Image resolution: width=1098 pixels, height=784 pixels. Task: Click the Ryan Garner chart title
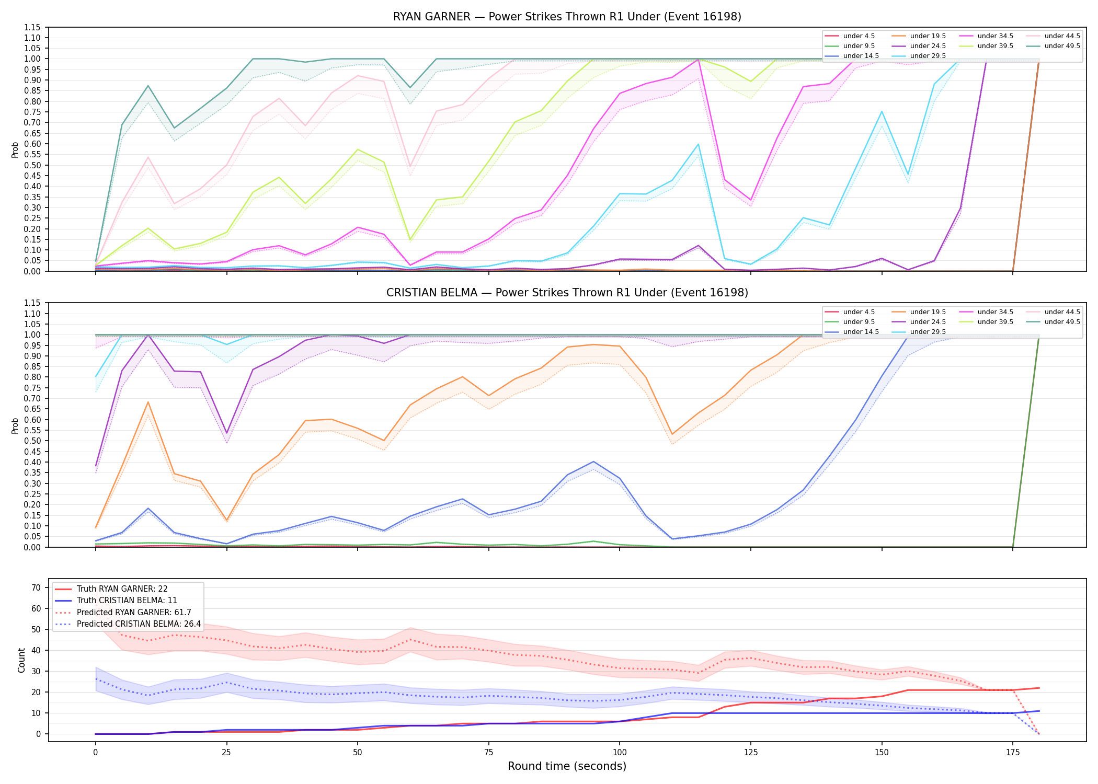[x=567, y=17]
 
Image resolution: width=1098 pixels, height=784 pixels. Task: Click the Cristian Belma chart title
[x=567, y=293]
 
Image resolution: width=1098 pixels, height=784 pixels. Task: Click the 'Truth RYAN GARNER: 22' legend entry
[x=122, y=589]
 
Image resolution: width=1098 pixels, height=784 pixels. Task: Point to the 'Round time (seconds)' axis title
[x=567, y=766]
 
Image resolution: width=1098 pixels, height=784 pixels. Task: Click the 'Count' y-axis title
[x=21, y=660]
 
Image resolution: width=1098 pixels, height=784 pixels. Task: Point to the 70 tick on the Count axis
[x=36, y=587]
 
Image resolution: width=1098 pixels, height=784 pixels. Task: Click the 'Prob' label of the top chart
[x=15, y=149]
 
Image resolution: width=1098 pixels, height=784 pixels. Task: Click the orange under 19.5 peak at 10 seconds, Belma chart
[x=148, y=402]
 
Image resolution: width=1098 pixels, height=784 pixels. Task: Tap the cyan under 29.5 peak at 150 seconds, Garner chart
[x=882, y=111]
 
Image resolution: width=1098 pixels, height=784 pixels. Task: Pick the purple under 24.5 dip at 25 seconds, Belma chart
[x=226, y=433]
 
